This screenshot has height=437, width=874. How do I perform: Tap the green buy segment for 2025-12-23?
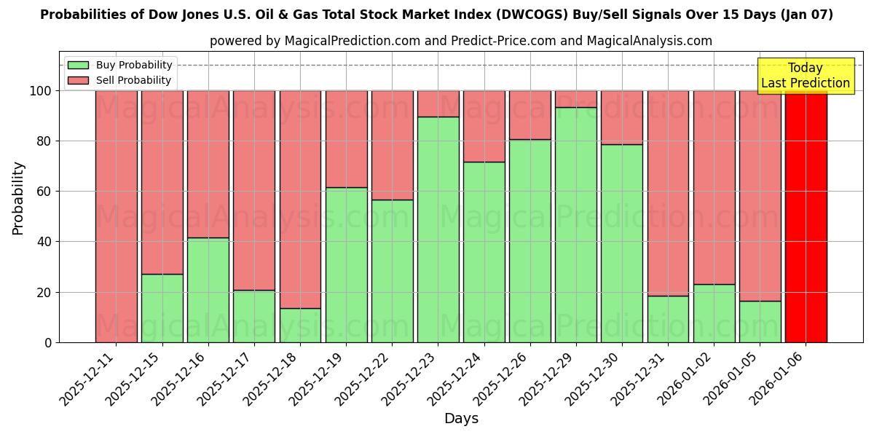[438, 229]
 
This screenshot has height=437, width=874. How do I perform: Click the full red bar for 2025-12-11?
[117, 216]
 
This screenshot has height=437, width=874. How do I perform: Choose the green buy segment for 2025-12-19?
[347, 265]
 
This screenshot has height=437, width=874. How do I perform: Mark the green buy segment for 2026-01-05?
[760, 321]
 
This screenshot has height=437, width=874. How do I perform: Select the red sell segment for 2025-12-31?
[668, 193]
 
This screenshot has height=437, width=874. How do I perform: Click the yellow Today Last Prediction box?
[805, 76]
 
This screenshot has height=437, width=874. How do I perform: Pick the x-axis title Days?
[461, 419]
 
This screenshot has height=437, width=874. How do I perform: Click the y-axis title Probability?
[18, 197]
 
